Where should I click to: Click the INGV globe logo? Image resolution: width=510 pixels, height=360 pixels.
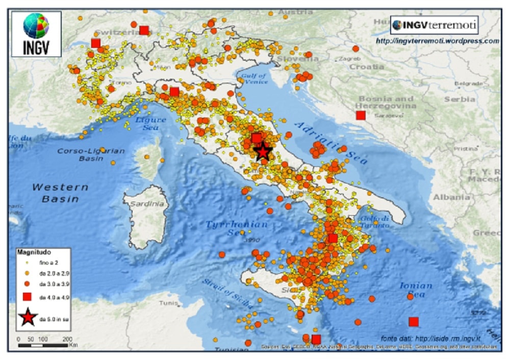(36, 27)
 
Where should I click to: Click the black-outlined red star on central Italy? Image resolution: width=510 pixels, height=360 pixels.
(262, 151)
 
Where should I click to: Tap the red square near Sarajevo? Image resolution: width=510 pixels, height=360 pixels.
(361, 115)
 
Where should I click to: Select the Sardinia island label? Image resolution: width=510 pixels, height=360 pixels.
(149, 203)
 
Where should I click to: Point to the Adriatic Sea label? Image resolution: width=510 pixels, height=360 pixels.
(331, 142)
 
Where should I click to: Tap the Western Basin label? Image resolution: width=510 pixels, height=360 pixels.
(60, 193)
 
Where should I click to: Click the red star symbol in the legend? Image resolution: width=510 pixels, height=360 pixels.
(28, 318)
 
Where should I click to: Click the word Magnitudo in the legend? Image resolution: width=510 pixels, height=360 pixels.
(34, 251)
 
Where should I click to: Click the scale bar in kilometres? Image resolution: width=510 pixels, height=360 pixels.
(43, 345)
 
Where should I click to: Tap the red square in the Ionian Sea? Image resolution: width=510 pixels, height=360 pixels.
(414, 322)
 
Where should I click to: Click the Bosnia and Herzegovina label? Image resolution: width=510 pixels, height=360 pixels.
(388, 102)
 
